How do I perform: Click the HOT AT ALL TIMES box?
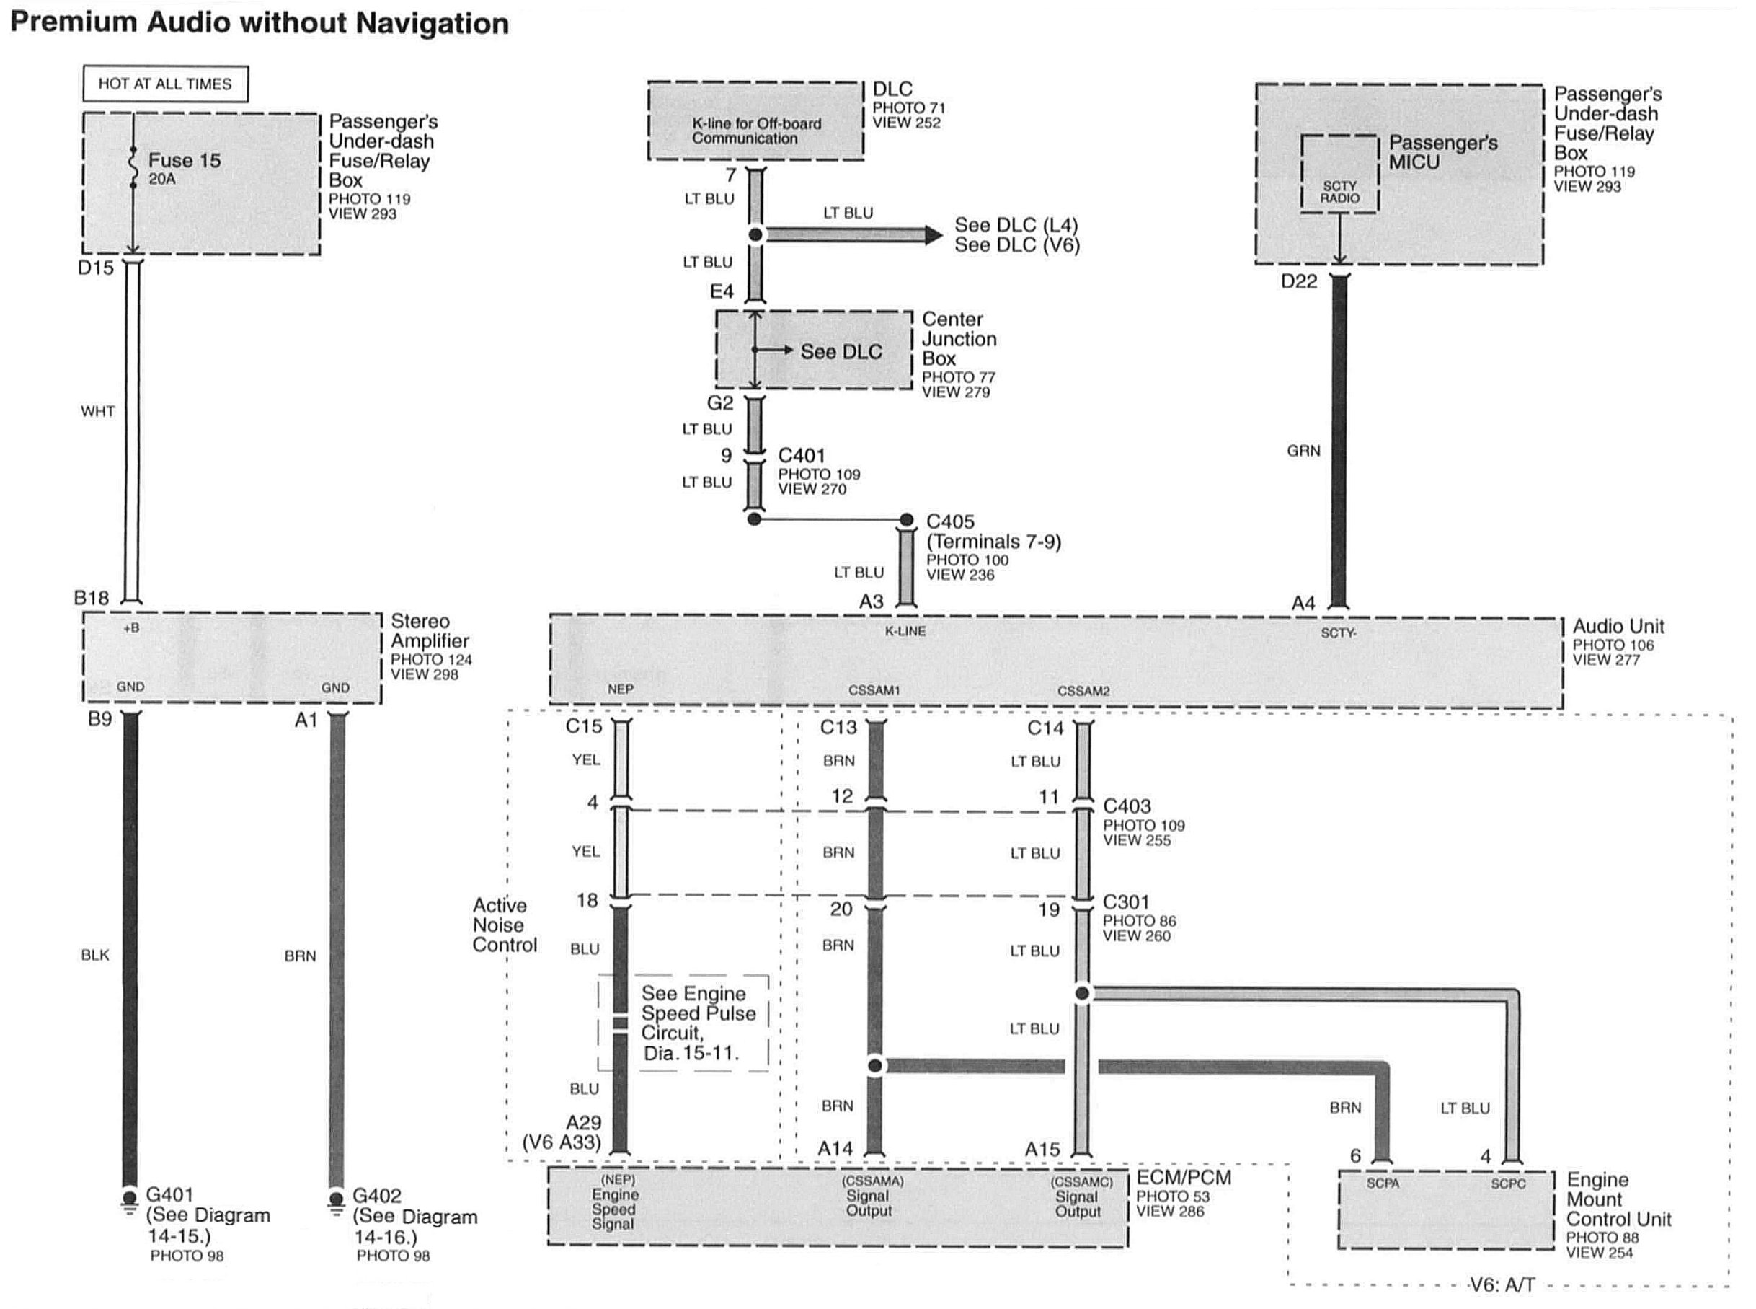coord(165,84)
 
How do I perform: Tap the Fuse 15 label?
coord(184,161)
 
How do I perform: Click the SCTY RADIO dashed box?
coord(1339,174)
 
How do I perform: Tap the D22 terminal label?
coord(1298,281)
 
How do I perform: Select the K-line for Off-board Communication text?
coord(755,131)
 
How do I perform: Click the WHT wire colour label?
coord(97,411)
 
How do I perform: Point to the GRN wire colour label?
coord(1303,451)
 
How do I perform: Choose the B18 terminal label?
coord(91,598)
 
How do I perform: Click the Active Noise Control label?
coord(504,925)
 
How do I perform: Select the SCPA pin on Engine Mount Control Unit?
coord(1382,1183)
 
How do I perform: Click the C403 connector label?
coord(1126,806)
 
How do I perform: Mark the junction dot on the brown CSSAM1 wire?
coord(874,1066)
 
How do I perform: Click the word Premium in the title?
coord(73,23)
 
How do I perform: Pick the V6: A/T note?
coord(1502,1285)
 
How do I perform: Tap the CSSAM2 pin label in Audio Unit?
coord(1083,691)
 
